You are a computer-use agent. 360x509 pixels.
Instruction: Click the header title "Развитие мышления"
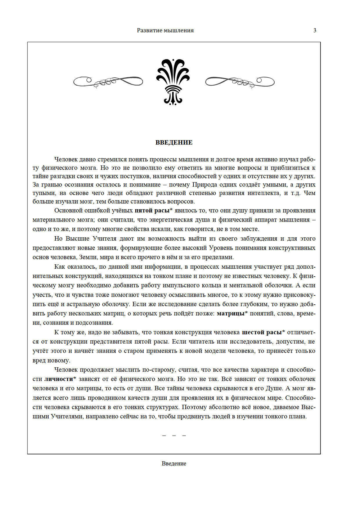click(x=165, y=31)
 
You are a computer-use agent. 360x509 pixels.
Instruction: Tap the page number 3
click(x=315, y=30)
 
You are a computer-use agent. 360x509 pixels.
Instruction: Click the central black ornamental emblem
click(x=173, y=82)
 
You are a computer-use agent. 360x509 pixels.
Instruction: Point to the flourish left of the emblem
click(x=108, y=82)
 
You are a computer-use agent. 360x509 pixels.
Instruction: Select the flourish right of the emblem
click(x=240, y=82)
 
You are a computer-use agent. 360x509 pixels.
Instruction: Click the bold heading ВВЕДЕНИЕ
click(x=174, y=142)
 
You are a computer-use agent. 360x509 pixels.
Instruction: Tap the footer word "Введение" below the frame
click(x=174, y=463)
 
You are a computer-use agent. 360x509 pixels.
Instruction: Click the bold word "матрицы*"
click(x=232, y=313)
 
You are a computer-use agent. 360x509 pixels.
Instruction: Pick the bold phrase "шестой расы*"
click(x=264, y=332)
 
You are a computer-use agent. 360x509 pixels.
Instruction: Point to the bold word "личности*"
click(x=60, y=379)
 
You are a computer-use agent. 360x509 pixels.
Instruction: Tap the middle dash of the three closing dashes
click(x=174, y=436)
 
